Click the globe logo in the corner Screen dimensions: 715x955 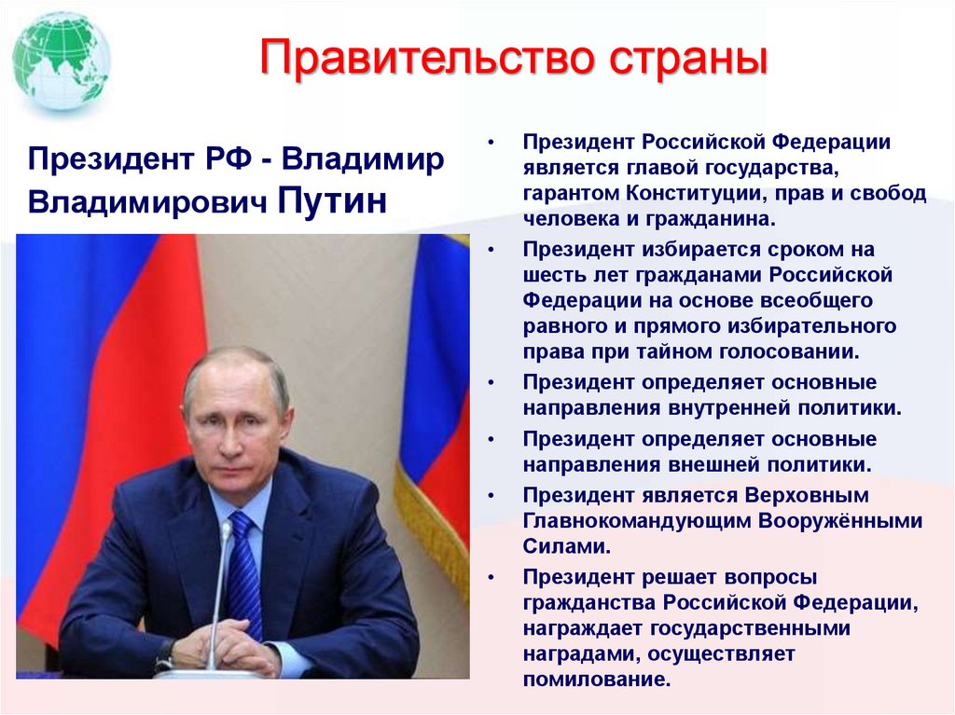pos(62,60)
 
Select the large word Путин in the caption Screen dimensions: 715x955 pos(332,199)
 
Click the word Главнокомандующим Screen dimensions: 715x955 pos(644,520)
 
